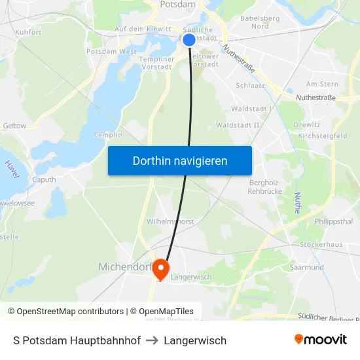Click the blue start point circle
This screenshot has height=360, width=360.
189,40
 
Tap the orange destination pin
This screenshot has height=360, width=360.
160,269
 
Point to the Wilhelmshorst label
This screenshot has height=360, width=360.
170,221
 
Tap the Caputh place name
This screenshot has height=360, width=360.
44,179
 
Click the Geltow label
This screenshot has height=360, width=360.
14,126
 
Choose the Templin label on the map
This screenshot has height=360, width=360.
108,135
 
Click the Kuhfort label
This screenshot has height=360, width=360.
28,31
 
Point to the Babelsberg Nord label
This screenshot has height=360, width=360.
260,22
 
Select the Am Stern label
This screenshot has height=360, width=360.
322,84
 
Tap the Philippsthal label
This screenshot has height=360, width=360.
334,222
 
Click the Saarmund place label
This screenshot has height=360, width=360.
306,267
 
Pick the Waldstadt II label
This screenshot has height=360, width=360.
238,124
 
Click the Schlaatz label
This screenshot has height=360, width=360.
249,85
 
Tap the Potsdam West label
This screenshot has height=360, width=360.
111,51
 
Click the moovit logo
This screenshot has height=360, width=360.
320,340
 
